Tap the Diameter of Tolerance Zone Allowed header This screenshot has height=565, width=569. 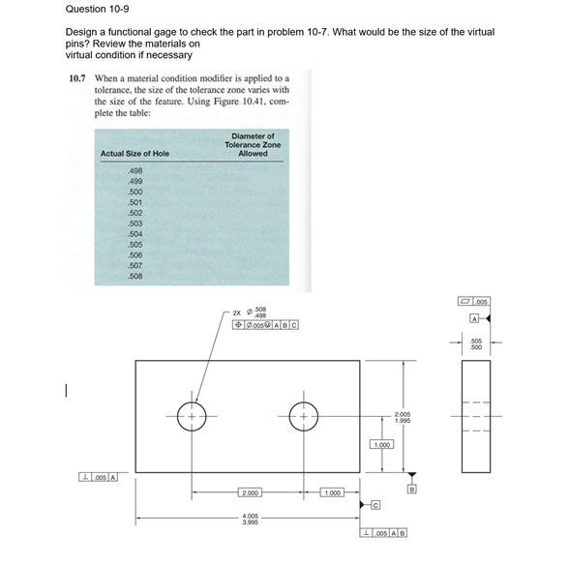pyautogui.click(x=253, y=144)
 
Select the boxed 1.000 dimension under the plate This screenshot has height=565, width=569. pyautogui.click(x=331, y=492)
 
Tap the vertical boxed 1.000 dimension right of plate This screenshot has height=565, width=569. pyautogui.click(x=382, y=444)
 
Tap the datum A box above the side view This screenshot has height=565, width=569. pyautogui.click(x=475, y=318)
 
